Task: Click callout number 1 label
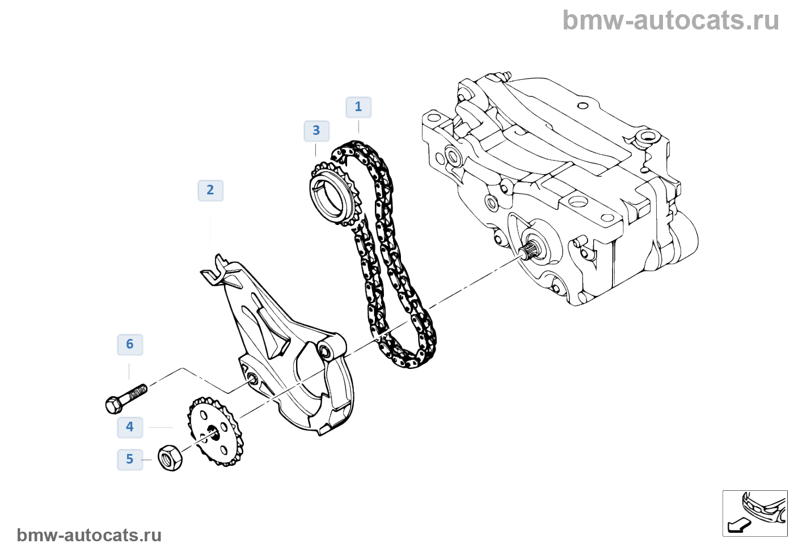pos(358,107)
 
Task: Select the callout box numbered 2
pos(210,190)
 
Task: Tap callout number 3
pos(316,131)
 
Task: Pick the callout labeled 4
pos(130,427)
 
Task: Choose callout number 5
pos(130,459)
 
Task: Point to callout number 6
pos(130,345)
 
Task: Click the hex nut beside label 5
pos(170,457)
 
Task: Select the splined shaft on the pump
pos(531,249)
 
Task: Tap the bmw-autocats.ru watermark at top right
pos(670,20)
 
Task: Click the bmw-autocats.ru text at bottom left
pos(90,535)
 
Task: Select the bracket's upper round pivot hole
pos(326,350)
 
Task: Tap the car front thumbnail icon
pos(755,513)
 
